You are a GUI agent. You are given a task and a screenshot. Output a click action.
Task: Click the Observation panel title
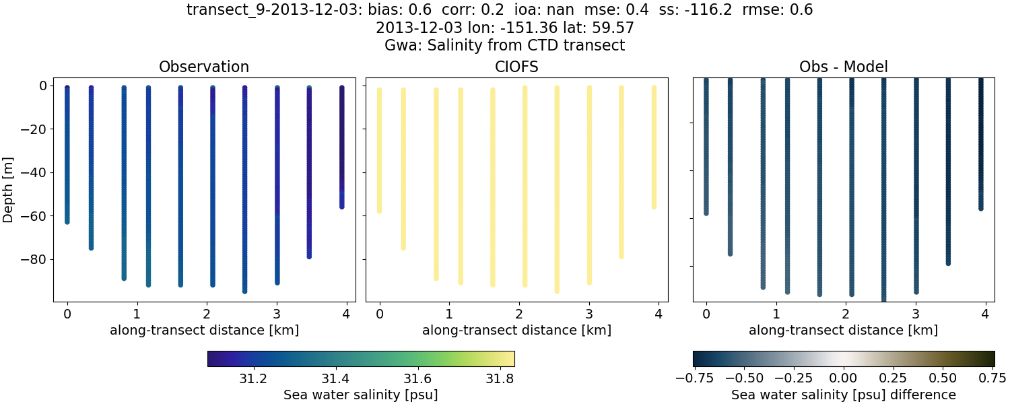(x=203, y=67)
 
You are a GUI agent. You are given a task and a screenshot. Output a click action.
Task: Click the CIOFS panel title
(x=516, y=67)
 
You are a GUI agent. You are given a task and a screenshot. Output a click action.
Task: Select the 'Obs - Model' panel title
(x=843, y=67)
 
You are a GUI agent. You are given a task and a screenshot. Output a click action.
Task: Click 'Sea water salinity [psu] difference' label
(x=843, y=395)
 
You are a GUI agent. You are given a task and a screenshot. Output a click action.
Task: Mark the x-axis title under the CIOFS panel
(x=516, y=330)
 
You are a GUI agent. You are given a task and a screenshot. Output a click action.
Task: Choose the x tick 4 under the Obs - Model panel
(x=985, y=314)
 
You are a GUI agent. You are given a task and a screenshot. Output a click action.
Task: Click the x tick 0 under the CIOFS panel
(x=380, y=314)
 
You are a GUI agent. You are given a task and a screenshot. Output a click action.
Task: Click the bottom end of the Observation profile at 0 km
(x=67, y=221)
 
